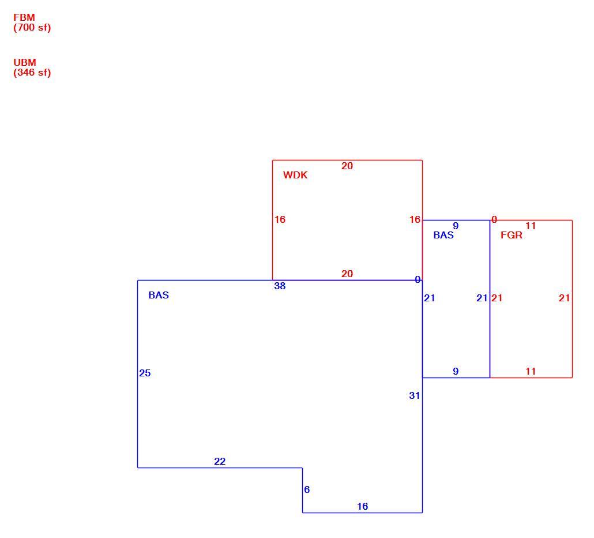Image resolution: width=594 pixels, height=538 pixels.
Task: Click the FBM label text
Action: pyautogui.click(x=24, y=17)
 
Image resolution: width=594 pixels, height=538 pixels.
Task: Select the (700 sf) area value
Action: pyautogui.click(x=32, y=28)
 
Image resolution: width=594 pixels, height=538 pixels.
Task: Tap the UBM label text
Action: pyautogui.click(x=25, y=62)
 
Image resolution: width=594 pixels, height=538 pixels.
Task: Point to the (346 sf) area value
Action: pyautogui.click(x=32, y=72)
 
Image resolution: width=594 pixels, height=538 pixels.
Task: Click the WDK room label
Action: pyautogui.click(x=295, y=175)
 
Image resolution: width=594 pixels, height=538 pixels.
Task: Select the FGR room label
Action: pyautogui.click(x=512, y=235)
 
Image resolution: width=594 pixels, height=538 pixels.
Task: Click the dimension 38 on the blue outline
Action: pyautogui.click(x=280, y=286)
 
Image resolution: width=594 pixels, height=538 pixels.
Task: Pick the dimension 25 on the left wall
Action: pyautogui.click(x=145, y=373)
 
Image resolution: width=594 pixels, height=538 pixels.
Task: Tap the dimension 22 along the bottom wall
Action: pyautogui.click(x=220, y=461)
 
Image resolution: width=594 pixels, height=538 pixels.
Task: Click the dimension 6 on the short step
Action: pyautogui.click(x=307, y=490)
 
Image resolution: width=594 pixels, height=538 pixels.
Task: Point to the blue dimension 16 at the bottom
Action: pyautogui.click(x=363, y=506)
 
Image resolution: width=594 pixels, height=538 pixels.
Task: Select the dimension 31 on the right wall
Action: pyautogui.click(x=415, y=396)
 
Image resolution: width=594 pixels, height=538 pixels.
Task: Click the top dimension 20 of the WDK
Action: pyautogui.click(x=347, y=166)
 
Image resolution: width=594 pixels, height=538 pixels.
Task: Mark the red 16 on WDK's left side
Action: pyautogui.click(x=280, y=219)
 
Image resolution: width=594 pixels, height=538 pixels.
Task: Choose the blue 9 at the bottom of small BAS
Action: pyautogui.click(x=456, y=372)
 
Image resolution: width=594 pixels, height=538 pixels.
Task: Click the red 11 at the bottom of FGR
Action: pyautogui.click(x=531, y=372)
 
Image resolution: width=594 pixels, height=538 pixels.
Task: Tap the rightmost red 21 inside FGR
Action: pyautogui.click(x=565, y=298)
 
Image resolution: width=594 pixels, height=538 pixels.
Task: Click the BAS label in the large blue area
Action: pyautogui.click(x=159, y=295)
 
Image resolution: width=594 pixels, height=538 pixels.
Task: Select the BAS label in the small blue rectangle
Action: pyautogui.click(x=443, y=235)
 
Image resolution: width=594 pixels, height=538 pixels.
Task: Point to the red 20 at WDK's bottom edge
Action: pyautogui.click(x=347, y=274)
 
